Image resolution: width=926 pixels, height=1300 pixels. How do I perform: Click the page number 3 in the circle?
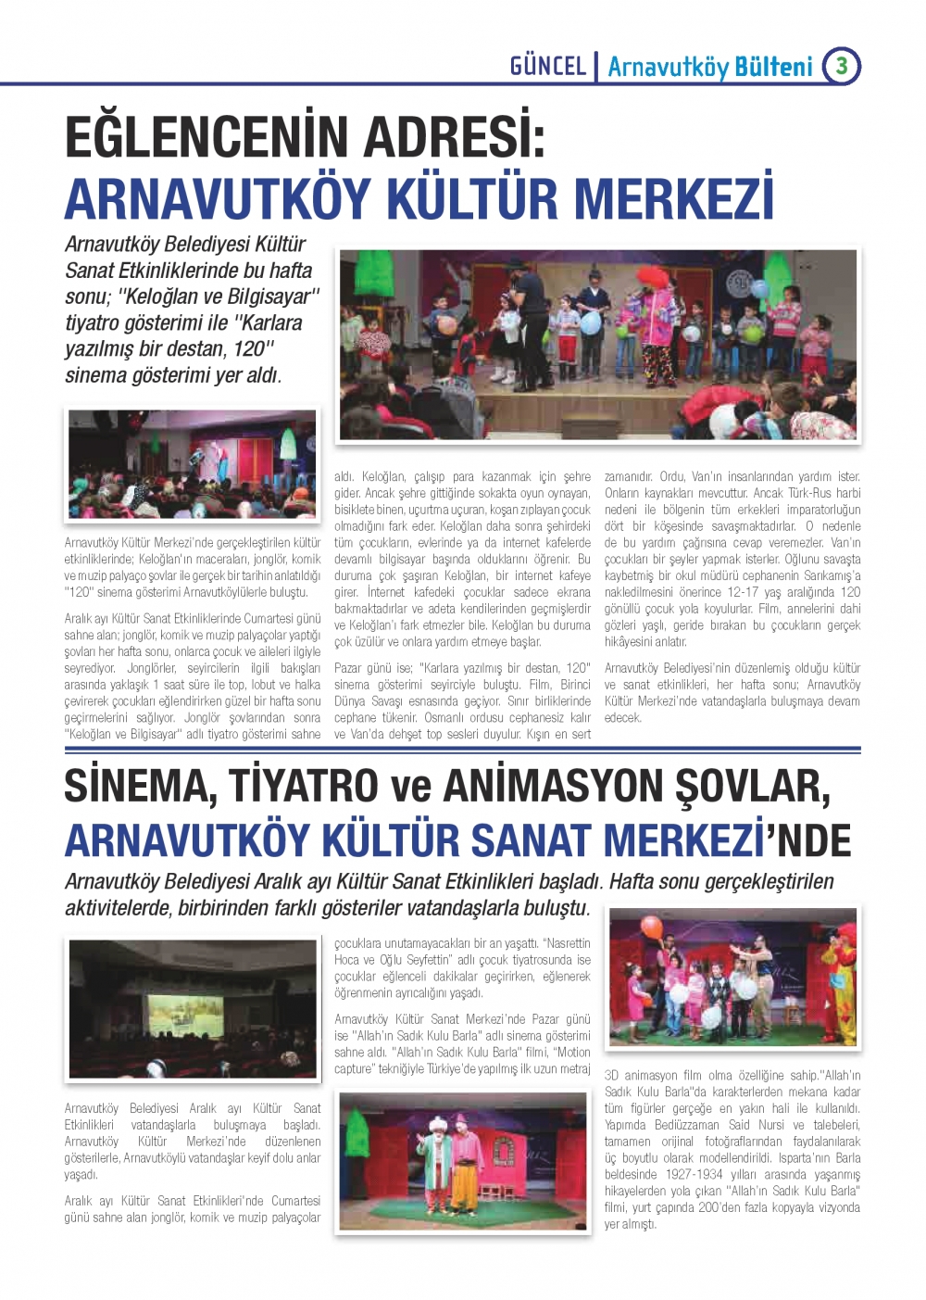pos(841,65)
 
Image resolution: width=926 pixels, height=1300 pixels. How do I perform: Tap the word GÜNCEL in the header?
pos(548,66)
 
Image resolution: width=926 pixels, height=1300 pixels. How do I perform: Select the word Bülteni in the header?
pos(773,67)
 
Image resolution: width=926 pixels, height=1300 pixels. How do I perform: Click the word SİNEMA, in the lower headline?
pos(140,786)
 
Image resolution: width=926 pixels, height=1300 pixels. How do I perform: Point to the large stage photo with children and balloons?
pos(597,344)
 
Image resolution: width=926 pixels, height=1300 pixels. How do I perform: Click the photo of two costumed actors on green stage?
pos(463,1161)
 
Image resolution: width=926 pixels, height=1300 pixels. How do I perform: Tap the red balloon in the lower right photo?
pos(652,928)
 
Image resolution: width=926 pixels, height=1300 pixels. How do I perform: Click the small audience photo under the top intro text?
pos(193,463)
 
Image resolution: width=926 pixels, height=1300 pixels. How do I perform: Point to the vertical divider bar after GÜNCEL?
pos(597,67)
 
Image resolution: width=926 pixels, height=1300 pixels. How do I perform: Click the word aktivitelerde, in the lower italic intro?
pos(118,907)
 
